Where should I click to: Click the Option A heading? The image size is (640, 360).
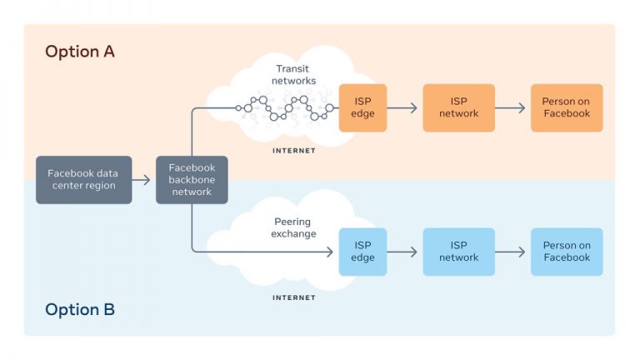coord(80,52)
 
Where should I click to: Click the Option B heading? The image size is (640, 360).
coord(80,309)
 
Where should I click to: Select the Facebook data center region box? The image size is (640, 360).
coord(83,180)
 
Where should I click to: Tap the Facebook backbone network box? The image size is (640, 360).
coord(192,180)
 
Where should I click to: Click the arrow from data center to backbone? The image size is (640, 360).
coord(141,180)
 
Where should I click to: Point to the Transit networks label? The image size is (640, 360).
coord(293,75)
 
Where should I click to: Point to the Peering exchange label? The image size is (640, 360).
coord(293,227)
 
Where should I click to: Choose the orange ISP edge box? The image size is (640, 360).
coord(362,107)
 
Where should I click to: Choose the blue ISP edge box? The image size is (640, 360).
coord(362,252)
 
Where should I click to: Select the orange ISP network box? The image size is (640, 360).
coord(459,107)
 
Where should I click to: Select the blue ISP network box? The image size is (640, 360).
coord(459,252)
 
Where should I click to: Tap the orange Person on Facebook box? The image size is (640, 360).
coord(567,107)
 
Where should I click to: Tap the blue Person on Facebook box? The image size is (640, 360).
coord(567,252)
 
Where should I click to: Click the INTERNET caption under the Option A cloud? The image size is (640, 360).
coord(294,151)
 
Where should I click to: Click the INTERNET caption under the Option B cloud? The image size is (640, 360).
coord(294,297)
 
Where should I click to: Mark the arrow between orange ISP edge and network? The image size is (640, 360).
coord(402,107)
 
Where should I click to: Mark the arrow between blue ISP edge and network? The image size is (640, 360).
coord(402,252)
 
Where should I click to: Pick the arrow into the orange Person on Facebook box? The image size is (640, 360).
coord(510,107)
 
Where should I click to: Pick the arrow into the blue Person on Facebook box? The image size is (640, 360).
coord(510,252)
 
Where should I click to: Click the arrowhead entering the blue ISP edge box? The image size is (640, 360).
coord(330,252)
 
